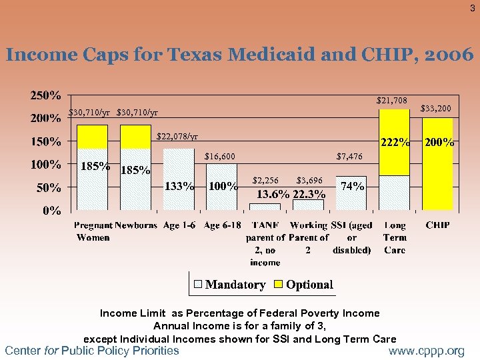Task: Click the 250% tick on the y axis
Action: click(x=46, y=95)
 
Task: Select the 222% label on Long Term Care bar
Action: click(x=395, y=142)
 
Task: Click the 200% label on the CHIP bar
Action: click(x=439, y=142)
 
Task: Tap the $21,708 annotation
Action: click(x=391, y=101)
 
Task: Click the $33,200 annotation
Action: click(x=437, y=108)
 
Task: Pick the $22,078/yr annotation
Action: click(x=177, y=137)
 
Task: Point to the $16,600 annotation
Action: click(x=219, y=157)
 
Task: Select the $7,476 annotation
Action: click(x=349, y=157)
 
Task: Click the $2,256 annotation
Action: click(x=265, y=181)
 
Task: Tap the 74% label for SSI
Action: click(x=352, y=187)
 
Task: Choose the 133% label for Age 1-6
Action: click(x=179, y=187)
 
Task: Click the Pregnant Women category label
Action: click(x=93, y=231)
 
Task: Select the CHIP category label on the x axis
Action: click(x=437, y=226)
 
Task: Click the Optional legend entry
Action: click(x=309, y=285)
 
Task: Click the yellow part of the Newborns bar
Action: click(x=135, y=137)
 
